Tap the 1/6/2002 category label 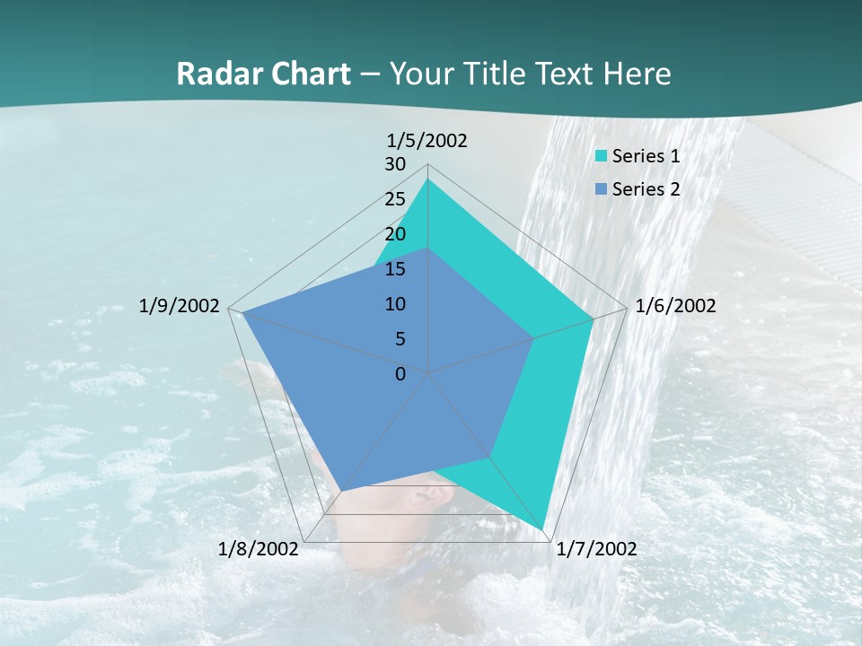pos(675,306)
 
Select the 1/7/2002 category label pos(596,549)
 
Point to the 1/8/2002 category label pos(258,549)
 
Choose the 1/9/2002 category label pos(179,306)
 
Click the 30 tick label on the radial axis pos(395,164)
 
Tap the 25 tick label pos(395,199)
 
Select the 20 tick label pos(395,234)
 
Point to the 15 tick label pos(395,269)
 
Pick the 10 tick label pos(395,304)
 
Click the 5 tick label pos(400,339)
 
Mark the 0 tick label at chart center pos(400,374)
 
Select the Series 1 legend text pos(646,156)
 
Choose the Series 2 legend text pos(646,189)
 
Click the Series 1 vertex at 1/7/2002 pos(544,529)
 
